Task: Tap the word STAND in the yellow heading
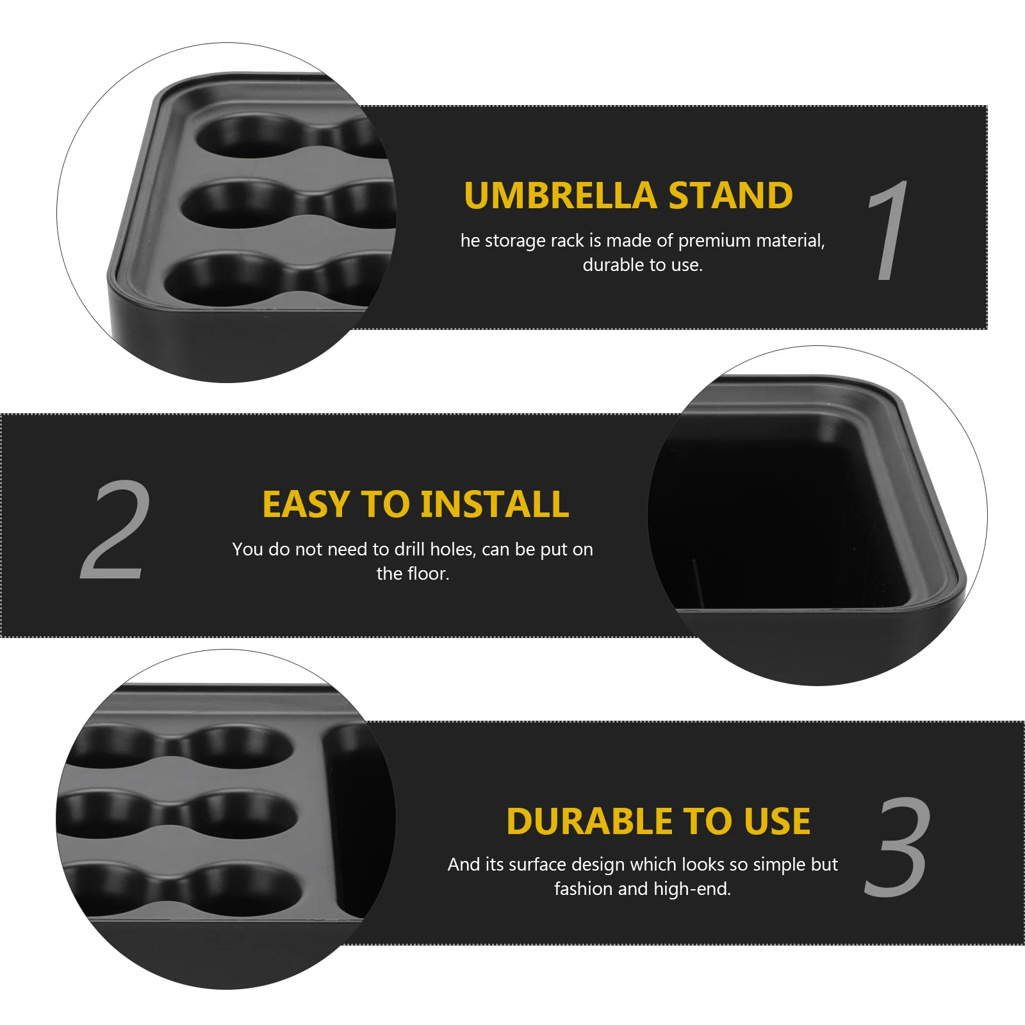point(730,195)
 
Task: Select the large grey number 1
point(889,231)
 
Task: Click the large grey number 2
point(115,530)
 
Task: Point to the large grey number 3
point(897,847)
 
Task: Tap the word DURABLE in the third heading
point(589,821)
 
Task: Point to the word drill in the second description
point(409,549)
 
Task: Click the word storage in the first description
point(515,241)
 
